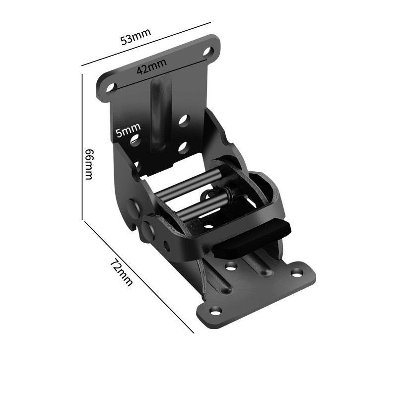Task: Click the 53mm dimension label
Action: pyautogui.click(x=135, y=37)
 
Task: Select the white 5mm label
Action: pyautogui.click(x=128, y=131)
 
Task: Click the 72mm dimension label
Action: pyautogui.click(x=122, y=272)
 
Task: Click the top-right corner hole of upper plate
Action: pyautogui.click(x=207, y=51)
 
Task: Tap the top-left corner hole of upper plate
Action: pyautogui.click(x=111, y=87)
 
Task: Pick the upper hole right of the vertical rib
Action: pyautogui.click(x=184, y=120)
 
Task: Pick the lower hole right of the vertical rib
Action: pyautogui.click(x=183, y=147)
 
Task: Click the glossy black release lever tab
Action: pyautogui.click(x=251, y=239)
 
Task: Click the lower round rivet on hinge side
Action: pyautogui.click(x=148, y=228)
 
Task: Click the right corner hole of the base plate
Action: pyautogui.click(x=297, y=272)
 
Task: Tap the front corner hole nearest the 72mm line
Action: pyautogui.click(x=215, y=311)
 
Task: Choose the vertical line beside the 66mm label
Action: pyautogui.click(x=82, y=146)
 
